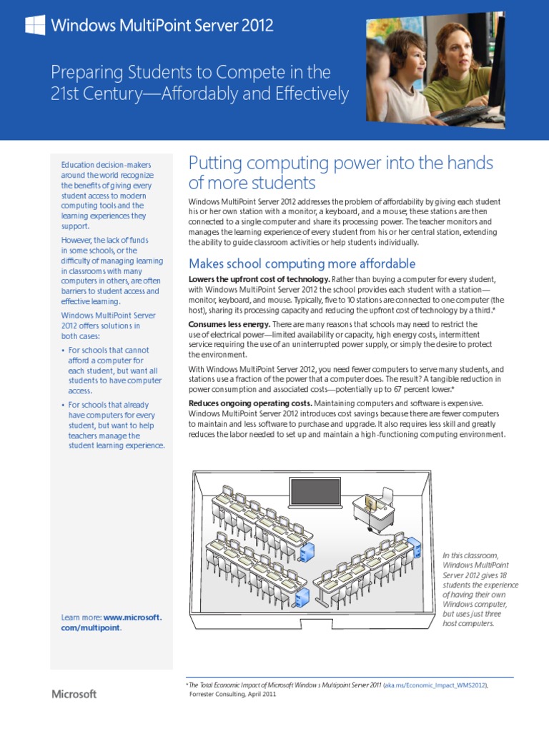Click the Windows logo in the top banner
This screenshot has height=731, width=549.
coord(35,26)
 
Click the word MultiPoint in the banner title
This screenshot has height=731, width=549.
coord(142,26)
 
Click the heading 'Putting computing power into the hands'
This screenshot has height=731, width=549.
coord(340,163)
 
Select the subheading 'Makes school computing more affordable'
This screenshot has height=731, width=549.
coord(302,263)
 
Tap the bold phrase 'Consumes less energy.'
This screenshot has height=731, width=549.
coord(229,324)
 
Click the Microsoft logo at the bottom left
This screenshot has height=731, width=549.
coord(74,694)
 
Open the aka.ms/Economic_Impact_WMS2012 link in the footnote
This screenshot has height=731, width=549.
coord(435,685)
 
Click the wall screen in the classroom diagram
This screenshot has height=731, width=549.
coord(315,491)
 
